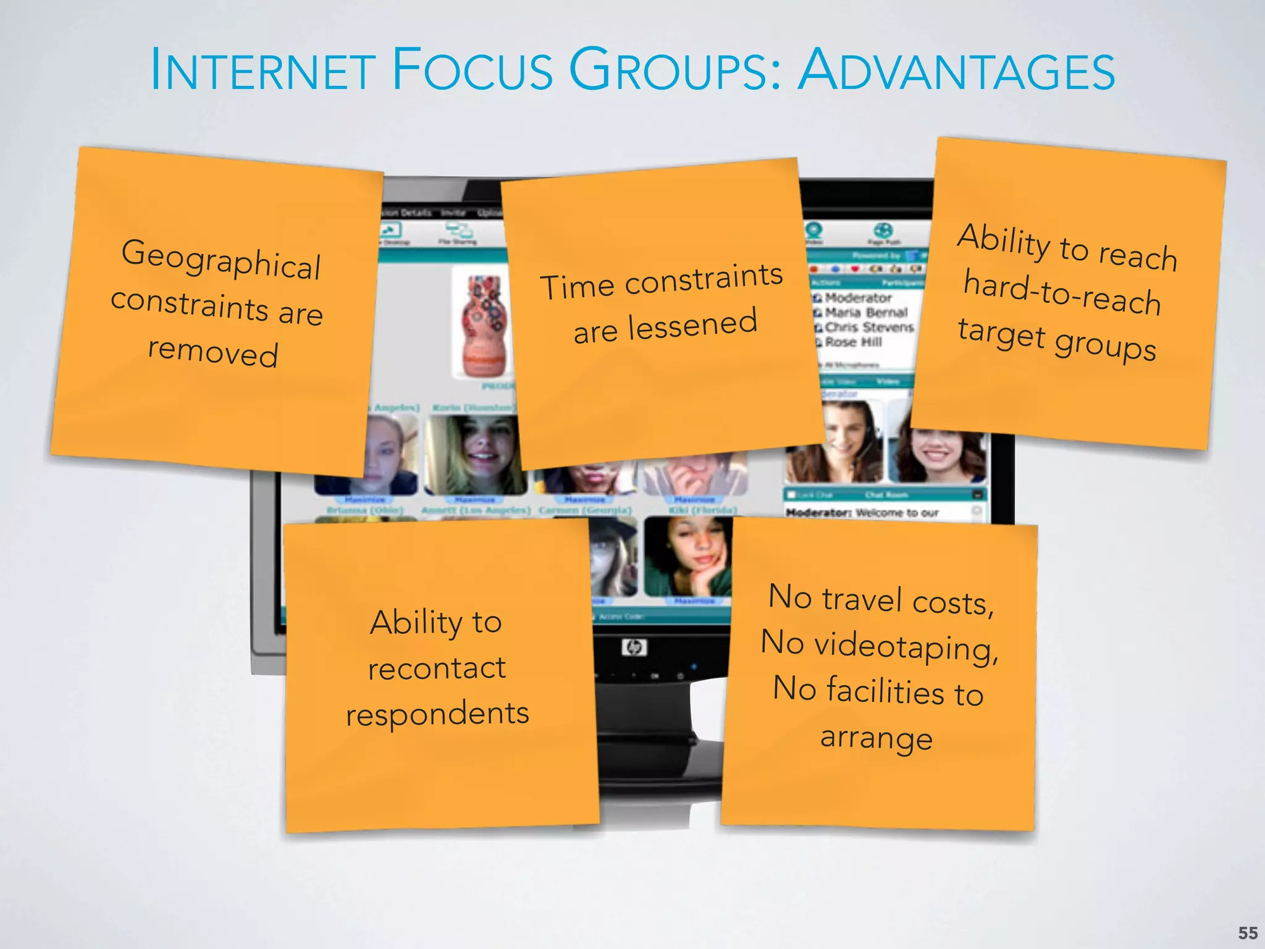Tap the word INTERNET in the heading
263,70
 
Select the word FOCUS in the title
472,70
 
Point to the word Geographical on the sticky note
221,259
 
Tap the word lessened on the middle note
692,325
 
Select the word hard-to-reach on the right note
1062,294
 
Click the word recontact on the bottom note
437,668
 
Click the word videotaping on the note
906,647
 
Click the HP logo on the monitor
634,647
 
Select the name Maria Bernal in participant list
866,313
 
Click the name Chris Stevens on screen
868,327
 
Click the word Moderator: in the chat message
818,513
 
